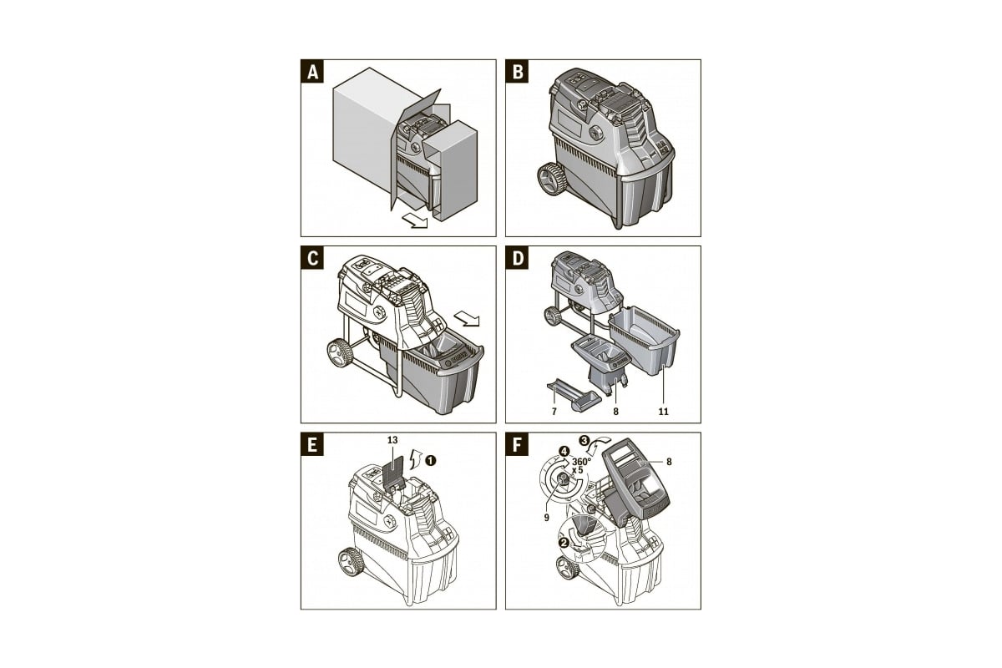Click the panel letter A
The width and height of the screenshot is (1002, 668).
pos(312,72)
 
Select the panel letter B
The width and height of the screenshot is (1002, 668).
pos(517,72)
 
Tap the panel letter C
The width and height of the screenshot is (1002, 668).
pos(312,258)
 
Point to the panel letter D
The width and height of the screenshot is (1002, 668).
pos(517,258)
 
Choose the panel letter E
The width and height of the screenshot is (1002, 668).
pos(312,445)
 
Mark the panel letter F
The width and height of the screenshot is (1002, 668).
pos(517,445)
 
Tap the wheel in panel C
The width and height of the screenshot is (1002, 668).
pos(340,353)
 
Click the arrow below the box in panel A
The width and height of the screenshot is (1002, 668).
pos(415,220)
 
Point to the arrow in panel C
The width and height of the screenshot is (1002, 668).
pos(467,319)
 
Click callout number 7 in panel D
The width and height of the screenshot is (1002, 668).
pos(554,412)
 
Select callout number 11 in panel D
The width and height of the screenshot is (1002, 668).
pos(663,412)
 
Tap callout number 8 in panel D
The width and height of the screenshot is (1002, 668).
pos(616,412)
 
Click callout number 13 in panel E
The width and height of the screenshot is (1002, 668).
pos(392,440)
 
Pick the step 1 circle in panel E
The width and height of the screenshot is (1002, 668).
pos(430,460)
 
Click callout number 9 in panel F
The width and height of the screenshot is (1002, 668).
pos(547,517)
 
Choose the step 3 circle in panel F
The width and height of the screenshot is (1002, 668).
pos(584,440)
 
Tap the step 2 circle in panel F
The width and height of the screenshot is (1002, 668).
pos(564,542)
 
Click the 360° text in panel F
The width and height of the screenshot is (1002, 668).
pos(581,461)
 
